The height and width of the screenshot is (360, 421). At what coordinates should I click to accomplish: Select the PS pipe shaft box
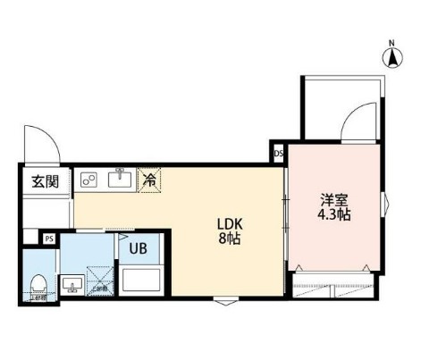pyautogui.click(x=49, y=239)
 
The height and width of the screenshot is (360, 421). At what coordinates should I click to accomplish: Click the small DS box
pyautogui.click(x=278, y=153)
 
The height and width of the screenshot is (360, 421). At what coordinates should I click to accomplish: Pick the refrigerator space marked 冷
pyautogui.click(x=149, y=180)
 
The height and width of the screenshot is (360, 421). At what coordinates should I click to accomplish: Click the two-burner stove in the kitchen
pyautogui.click(x=89, y=180)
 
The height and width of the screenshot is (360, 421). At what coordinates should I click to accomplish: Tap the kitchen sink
pyautogui.click(x=120, y=180)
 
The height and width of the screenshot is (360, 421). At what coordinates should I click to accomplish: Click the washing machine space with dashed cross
pyautogui.click(x=102, y=280)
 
